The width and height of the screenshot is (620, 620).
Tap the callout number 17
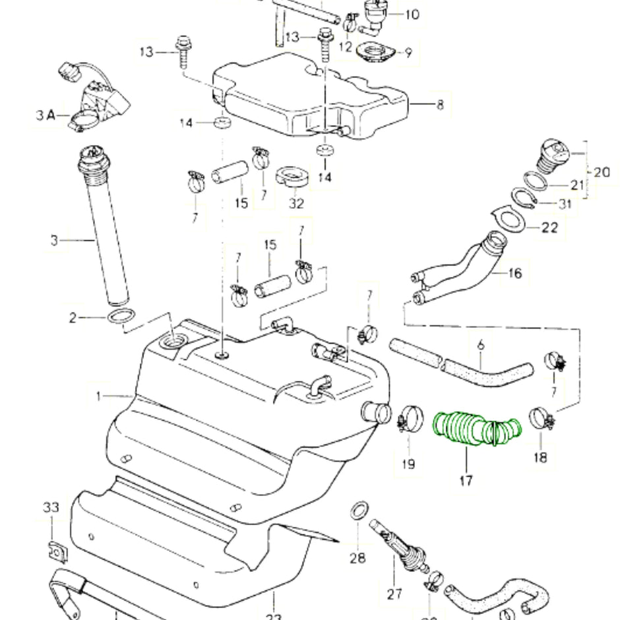click(x=466, y=481)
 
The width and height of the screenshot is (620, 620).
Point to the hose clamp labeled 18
click(x=543, y=419)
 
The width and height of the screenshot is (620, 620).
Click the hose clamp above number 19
click(x=410, y=418)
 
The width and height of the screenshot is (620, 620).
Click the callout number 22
click(x=549, y=228)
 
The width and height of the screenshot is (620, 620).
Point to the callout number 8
click(x=440, y=104)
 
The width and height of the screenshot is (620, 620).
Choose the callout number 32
click(x=296, y=203)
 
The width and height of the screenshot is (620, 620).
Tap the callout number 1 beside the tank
click(x=99, y=396)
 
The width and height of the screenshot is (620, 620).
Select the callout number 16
click(x=515, y=272)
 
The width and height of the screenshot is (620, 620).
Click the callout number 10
click(x=411, y=14)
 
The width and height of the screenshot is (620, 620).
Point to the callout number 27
click(x=394, y=594)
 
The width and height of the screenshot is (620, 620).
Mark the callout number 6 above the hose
click(x=480, y=343)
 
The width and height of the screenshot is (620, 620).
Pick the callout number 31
click(x=564, y=204)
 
